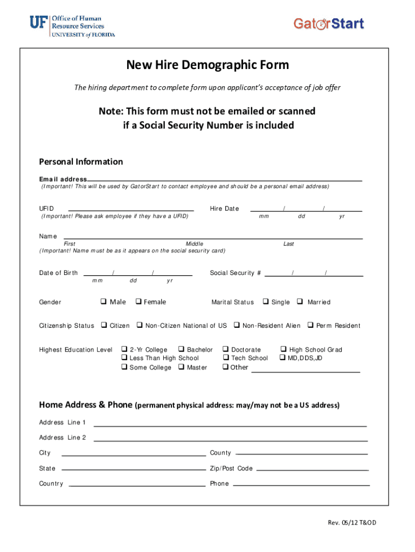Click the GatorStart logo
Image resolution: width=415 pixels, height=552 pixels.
click(x=329, y=24)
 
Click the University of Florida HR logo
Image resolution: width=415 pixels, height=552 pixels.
click(x=72, y=26)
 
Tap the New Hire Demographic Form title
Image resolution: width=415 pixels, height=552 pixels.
click(x=207, y=65)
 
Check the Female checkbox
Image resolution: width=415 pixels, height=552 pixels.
click(x=139, y=302)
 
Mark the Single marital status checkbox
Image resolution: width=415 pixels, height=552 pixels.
click(x=266, y=302)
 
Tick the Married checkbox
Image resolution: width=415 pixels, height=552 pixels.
click(x=300, y=302)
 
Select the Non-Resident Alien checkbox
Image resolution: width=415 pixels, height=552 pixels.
click(x=237, y=326)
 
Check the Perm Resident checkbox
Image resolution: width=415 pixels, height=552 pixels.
click(x=310, y=326)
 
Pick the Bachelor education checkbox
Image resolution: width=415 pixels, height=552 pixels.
click(x=181, y=350)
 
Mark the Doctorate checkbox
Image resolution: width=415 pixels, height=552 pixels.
click(x=226, y=350)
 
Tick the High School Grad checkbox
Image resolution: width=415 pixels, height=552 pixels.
click(x=283, y=350)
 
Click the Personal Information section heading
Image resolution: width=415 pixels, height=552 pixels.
click(x=81, y=162)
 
